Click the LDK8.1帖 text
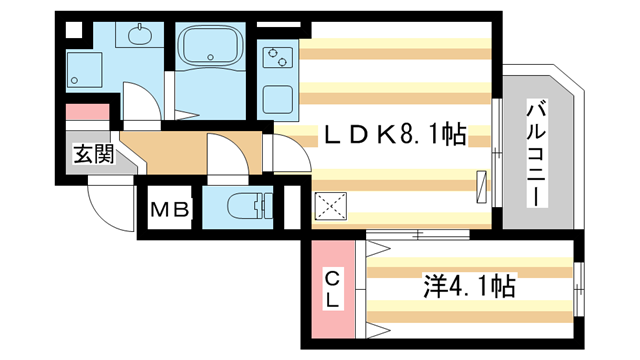392,134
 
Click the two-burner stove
273,57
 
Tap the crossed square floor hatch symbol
330,207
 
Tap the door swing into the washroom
138,104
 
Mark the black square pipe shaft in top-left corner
73,28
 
